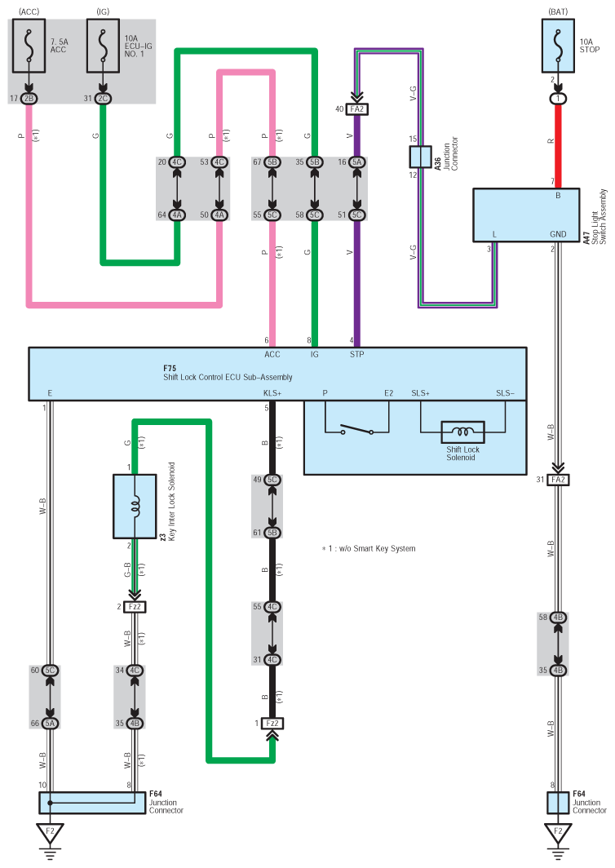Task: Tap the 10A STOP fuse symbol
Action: (x=558, y=47)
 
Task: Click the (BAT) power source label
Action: (x=558, y=11)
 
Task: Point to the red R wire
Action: (x=558, y=143)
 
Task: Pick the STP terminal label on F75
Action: (x=357, y=354)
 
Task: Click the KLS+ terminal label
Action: (x=272, y=393)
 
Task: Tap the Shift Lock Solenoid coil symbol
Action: (x=462, y=432)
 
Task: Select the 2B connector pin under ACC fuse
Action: (x=29, y=99)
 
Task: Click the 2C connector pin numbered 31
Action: (x=102, y=99)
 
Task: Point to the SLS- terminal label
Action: (x=505, y=393)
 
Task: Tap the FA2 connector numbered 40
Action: (x=356, y=108)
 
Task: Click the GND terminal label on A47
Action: (x=558, y=234)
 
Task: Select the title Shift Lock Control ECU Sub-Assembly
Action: (x=228, y=378)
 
